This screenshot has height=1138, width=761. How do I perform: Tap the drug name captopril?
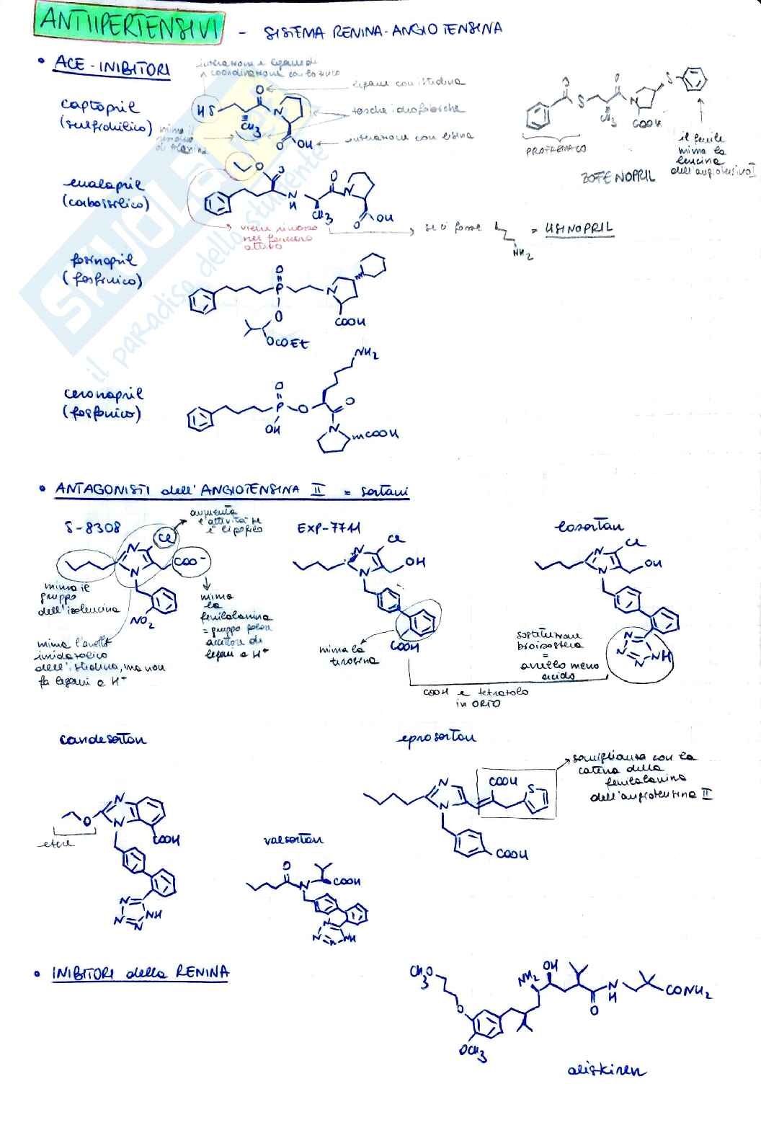[99, 106]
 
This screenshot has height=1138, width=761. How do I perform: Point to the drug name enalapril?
[102, 185]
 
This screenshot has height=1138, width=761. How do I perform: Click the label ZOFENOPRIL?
[618, 177]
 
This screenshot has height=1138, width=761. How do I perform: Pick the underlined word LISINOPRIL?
[579, 228]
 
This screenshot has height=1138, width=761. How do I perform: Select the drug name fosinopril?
[103, 260]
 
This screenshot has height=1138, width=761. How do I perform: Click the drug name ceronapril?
[103, 394]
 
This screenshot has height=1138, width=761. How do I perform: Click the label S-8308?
[92, 528]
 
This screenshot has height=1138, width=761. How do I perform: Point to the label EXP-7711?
[329, 528]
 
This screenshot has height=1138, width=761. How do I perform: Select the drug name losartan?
[589, 526]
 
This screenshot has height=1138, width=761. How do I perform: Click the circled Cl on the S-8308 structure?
[164, 538]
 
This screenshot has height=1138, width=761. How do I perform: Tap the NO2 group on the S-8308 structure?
[142, 620]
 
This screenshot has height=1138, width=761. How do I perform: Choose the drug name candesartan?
[102, 739]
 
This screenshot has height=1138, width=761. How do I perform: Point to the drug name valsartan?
[293, 839]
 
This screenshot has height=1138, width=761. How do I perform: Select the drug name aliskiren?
[606, 1070]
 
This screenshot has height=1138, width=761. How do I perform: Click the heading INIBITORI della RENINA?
[141, 973]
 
